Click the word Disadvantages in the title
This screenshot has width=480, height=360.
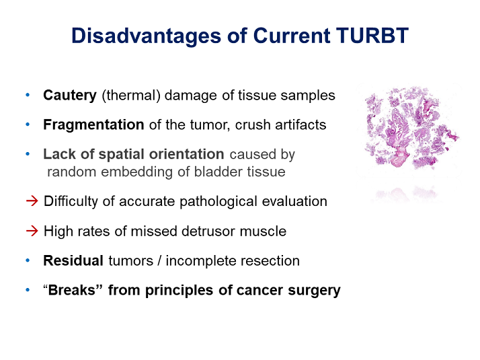pyautogui.click(x=146, y=37)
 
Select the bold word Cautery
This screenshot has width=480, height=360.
pyautogui.click(x=70, y=96)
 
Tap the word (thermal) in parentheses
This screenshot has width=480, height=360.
pyautogui.click(x=131, y=96)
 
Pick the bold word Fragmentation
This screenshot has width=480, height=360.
pyautogui.click(x=93, y=124)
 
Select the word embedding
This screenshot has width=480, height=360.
pyautogui.click(x=137, y=172)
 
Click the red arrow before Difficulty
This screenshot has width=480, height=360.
pyautogui.click(x=32, y=201)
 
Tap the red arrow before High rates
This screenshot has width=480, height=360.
pyautogui.click(x=32, y=231)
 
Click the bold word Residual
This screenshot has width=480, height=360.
pyautogui.click(x=73, y=260)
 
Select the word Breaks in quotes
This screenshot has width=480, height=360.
pyautogui.click(x=72, y=290)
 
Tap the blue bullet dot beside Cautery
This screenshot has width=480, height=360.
pyautogui.click(x=28, y=96)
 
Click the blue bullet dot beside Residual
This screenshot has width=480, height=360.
pyautogui.click(x=28, y=260)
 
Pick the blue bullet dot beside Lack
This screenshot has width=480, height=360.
pyautogui.click(x=28, y=154)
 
